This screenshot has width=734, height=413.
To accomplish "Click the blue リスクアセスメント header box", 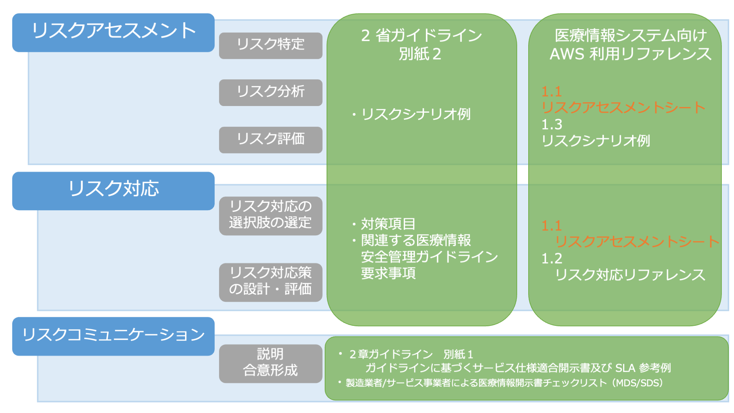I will [x=113, y=32].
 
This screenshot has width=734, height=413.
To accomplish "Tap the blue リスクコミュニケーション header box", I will [x=113, y=336].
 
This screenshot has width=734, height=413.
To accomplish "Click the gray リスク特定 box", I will [x=270, y=45].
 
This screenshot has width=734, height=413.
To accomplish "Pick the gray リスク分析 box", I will [x=270, y=92].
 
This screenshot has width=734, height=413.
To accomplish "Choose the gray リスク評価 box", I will [x=270, y=140].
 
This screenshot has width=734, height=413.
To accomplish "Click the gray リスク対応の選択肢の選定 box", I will [x=270, y=215].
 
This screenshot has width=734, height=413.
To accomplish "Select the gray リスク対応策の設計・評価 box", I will [x=270, y=282].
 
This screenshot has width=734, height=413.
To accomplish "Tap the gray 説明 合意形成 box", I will [x=270, y=363].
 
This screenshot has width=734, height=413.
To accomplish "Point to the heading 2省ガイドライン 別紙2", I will [x=421, y=44].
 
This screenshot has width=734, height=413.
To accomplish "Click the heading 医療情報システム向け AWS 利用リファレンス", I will [x=630, y=44].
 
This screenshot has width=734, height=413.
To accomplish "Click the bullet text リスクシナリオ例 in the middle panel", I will [x=416, y=114].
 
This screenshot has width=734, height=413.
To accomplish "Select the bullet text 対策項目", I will [x=388, y=224].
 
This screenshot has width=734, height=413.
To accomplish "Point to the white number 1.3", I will [x=552, y=125].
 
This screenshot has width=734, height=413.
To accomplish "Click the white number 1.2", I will [x=552, y=259].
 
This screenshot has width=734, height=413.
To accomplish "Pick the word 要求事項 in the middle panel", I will [x=388, y=273].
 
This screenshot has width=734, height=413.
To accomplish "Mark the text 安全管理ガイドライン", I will [x=429, y=257].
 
